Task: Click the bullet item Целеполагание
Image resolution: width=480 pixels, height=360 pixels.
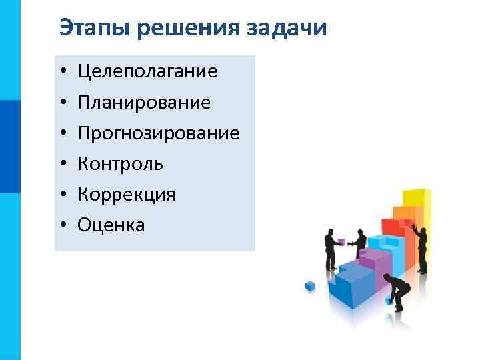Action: click(x=147, y=71)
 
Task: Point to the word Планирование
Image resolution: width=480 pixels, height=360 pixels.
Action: click(x=144, y=102)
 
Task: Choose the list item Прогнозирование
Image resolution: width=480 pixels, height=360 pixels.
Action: click(x=158, y=133)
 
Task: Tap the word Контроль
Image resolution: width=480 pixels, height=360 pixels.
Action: click(x=121, y=163)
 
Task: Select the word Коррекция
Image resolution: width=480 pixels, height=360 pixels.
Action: click(x=127, y=194)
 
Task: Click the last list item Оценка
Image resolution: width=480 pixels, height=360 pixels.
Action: click(x=111, y=225)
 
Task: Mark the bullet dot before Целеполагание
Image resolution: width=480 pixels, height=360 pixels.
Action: click(x=61, y=72)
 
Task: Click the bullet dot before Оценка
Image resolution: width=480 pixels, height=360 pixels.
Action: click(x=61, y=225)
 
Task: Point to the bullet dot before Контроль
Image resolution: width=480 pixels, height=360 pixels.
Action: click(x=61, y=164)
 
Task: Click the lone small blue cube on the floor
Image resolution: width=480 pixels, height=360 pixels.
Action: click(x=309, y=285)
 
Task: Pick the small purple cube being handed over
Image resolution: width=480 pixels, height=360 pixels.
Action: click(x=341, y=242)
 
